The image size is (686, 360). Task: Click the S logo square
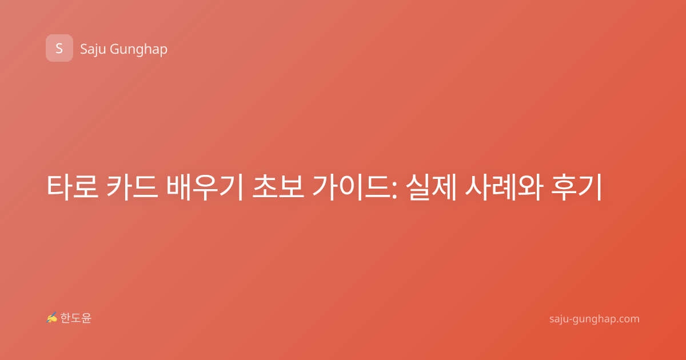tap(59, 48)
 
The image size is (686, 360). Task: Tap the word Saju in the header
tap(93, 49)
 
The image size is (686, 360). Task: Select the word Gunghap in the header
tap(138, 50)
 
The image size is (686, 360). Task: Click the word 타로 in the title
tap(73, 187)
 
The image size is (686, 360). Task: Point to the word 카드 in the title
tap(132, 187)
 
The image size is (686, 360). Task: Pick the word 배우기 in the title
tap(205, 187)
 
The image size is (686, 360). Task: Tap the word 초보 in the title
tap(278, 187)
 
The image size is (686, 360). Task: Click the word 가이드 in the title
tap(351, 187)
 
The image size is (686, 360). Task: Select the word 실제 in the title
tap(432, 187)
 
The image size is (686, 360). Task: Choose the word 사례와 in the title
tap(504, 187)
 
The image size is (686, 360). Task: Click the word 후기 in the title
tap(576, 187)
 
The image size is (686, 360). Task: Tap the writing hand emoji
tap(52, 318)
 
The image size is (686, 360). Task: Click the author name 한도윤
tap(75, 318)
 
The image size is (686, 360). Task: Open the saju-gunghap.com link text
tap(594, 319)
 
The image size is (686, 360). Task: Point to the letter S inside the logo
tap(59, 49)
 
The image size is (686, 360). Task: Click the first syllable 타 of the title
tap(59, 187)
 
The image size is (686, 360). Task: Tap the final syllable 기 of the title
tap(590, 187)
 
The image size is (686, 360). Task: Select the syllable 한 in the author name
tap(65, 318)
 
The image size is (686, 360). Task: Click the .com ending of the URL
tap(627, 319)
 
